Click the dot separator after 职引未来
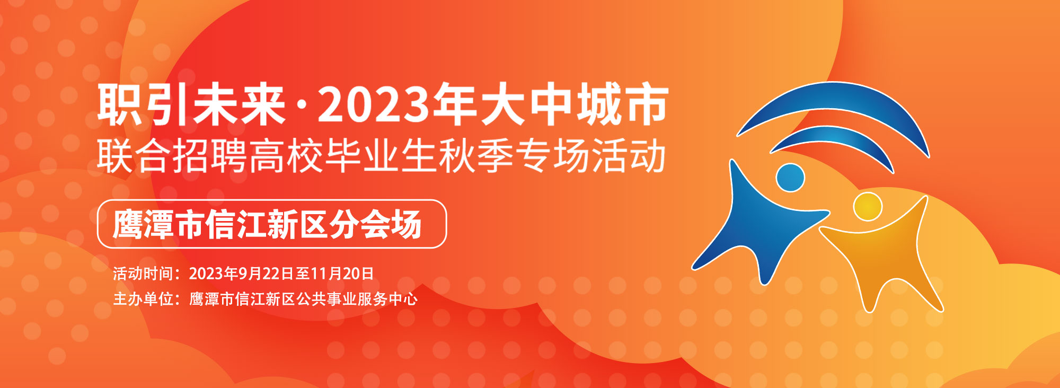302,106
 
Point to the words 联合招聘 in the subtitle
173,156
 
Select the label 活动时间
143,274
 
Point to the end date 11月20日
342,274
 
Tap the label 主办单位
143,299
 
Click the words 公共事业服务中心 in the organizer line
357,299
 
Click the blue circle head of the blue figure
790,178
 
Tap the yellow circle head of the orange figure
868,207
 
